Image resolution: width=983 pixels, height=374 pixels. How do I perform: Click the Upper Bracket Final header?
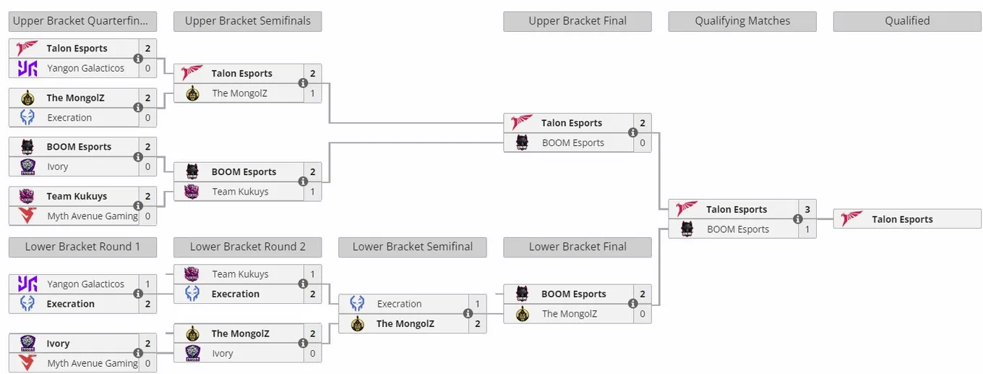click(577, 21)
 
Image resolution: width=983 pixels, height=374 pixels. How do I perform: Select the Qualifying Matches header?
click(742, 21)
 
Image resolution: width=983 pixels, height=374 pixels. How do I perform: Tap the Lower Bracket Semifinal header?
click(413, 247)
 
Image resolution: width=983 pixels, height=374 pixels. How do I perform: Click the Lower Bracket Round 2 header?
click(247, 247)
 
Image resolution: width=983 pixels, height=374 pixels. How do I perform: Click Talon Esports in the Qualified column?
click(902, 219)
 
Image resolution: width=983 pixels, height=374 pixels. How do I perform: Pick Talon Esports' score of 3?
click(807, 209)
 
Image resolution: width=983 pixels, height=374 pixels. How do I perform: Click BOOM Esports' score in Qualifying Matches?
click(807, 229)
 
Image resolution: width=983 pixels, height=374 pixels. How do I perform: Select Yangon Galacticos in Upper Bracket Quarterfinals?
click(85, 68)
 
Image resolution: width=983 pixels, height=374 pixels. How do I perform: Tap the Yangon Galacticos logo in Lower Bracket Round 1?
click(27, 284)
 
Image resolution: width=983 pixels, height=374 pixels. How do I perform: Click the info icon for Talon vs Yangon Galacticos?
click(138, 59)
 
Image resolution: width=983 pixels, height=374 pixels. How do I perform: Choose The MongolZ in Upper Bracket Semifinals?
click(240, 93)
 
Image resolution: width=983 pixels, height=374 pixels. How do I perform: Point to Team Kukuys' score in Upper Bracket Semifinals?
click(312, 192)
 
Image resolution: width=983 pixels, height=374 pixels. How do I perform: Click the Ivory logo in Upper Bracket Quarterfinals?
click(27, 166)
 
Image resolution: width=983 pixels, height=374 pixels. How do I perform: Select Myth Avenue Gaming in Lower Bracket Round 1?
click(93, 363)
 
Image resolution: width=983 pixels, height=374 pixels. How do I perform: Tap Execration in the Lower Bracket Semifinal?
click(399, 304)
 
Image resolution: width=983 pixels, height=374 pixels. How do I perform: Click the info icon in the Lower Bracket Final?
click(633, 303)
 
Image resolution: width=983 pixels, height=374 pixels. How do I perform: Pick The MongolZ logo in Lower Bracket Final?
click(522, 313)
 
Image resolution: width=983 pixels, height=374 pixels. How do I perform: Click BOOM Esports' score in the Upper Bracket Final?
click(643, 143)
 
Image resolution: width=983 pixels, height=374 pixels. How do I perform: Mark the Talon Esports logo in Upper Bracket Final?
click(522, 122)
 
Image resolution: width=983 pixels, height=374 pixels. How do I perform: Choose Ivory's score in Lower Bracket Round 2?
click(312, 353)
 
